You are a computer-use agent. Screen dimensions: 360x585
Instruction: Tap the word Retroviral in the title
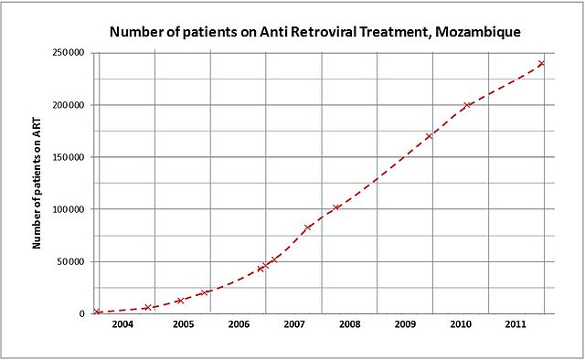point(311,33)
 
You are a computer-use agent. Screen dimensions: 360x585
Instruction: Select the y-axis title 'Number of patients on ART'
point(37,183)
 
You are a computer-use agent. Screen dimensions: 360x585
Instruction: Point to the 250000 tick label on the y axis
point(68,53)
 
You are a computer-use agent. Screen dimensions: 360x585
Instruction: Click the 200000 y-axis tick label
point(68,105)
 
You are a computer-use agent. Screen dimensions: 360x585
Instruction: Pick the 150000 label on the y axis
point(68,157)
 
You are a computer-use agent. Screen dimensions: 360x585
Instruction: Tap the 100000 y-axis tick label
point(68,209)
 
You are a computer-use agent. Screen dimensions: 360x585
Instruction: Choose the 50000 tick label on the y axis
point(70,261)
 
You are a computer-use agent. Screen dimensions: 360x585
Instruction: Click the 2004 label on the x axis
point(122,324)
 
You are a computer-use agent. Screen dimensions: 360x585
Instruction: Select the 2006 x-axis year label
point(239,324)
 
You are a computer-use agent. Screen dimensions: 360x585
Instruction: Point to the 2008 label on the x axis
point(349,324)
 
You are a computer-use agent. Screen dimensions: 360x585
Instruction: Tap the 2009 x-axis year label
point(405,324)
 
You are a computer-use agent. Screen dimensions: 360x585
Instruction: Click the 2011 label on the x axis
point(516,324)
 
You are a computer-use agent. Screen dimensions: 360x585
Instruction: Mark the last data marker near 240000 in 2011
point(541,63)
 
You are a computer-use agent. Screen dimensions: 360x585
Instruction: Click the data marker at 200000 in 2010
point(468,105)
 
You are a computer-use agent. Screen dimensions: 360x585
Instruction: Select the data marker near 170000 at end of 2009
point(429,136)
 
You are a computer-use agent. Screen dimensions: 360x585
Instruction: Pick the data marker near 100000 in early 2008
point(337,206)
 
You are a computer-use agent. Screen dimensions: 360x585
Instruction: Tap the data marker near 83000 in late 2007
point(308,227)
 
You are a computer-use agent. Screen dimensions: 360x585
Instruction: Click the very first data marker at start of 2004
point(97,312)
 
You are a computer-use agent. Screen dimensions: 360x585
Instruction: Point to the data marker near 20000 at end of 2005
point(205,292)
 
